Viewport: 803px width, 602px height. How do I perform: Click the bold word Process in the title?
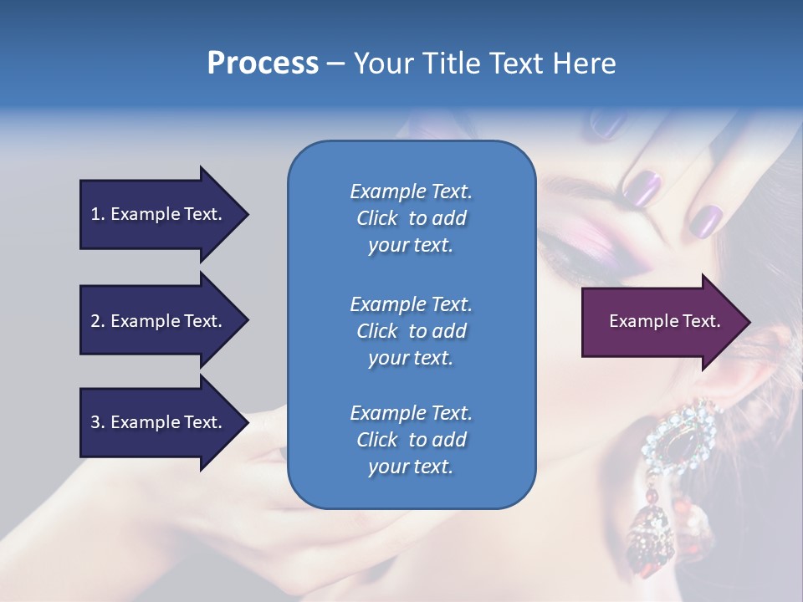click(263, 64)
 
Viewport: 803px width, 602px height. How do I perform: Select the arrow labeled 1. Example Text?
click(159, 214)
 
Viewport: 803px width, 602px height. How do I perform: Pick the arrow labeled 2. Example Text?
click(159, 321)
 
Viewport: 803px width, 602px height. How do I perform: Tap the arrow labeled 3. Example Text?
click(159, 422)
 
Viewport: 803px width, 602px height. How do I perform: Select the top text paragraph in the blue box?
click(411, 218)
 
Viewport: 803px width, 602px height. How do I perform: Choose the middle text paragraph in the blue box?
click(411, 330)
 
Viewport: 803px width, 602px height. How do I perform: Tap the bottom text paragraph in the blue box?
click(411, 439)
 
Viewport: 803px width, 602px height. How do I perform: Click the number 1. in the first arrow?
click(98, 214)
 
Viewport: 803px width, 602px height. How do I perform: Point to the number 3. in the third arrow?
click(98, 422)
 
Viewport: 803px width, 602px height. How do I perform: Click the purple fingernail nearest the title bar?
click(609, 125)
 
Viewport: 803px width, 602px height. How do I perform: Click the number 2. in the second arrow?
click(98, 321)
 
